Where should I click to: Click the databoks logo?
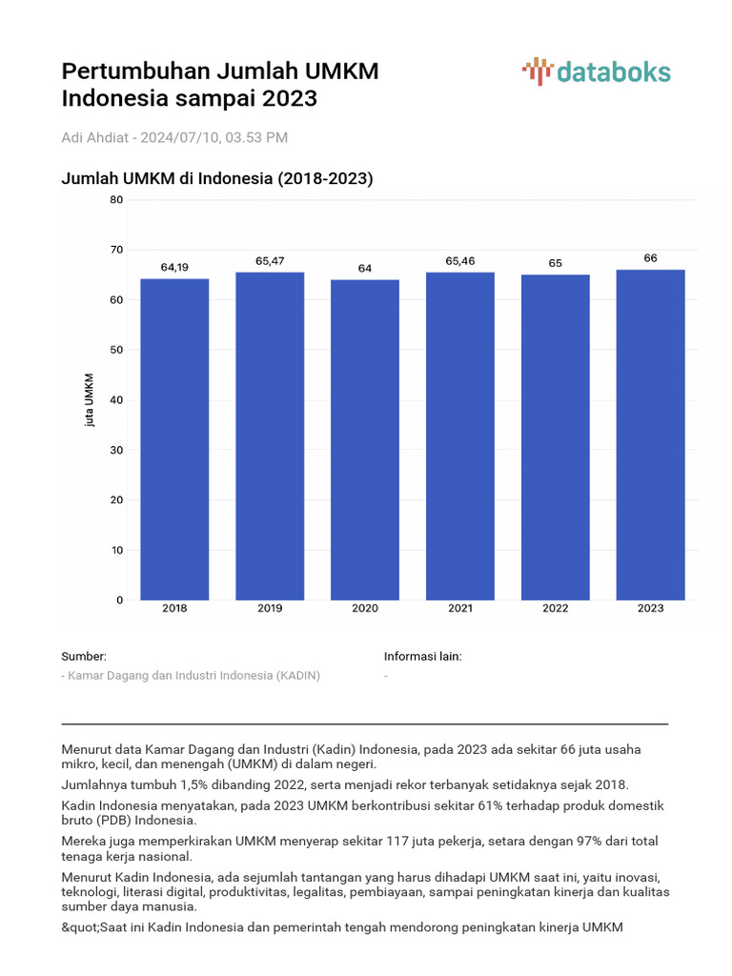pyautogui.click(x=597, y=72)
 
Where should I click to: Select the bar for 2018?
pyautogui.click(x=174, y=438)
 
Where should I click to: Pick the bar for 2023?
pyautogui.click(x=650, y=435)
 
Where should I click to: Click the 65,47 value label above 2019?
pyautogui.click(x=270, y=261)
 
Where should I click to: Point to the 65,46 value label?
pyautogui.click(x=460, y=261)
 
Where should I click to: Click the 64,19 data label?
pyautogui.click(x=174, y=268)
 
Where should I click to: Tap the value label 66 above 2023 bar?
pyautogui.click(x=650, y=258)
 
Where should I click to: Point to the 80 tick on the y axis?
pyautogui.click(x=116, y=200)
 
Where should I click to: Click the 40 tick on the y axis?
pyautogui.click(x=116, y=400)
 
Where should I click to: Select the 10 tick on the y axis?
pyautogui.click(x=116, y=550)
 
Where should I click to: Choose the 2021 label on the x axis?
pyautogui.click(x=460, y=608)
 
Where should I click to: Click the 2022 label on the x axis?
pyautogui.click(x=555, y=608)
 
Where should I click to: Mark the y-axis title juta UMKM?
pyautogui.click(x=90, y=399)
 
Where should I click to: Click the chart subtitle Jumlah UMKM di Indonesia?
pyautogui.click(x=216, y=178)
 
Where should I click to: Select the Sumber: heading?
pyautogui.click(x=84, y=657)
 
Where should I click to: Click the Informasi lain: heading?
pyautogui.click(x=423, y=657)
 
